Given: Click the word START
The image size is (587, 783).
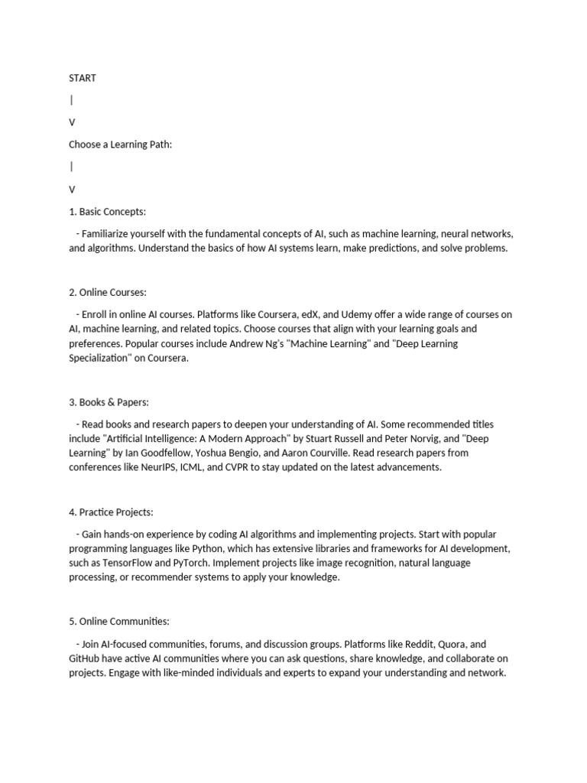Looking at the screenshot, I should tap(83, 78).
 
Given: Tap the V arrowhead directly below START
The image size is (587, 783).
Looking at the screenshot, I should tap(73, 122).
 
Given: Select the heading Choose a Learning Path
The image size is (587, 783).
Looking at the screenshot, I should tap(121, 145).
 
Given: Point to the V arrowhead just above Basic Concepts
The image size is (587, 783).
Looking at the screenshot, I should tap(73, 189).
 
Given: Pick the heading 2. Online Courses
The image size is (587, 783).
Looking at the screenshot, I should tap(108, 292).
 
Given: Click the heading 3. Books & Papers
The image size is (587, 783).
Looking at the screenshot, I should tap(109, 402).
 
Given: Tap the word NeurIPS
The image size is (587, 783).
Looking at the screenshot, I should tap(159, 467).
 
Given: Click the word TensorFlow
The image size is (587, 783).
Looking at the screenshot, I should tap(127, 563).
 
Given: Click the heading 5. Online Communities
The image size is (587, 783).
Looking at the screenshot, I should tap(118, 622).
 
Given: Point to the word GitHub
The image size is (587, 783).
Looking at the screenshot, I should tap(85, 658).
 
